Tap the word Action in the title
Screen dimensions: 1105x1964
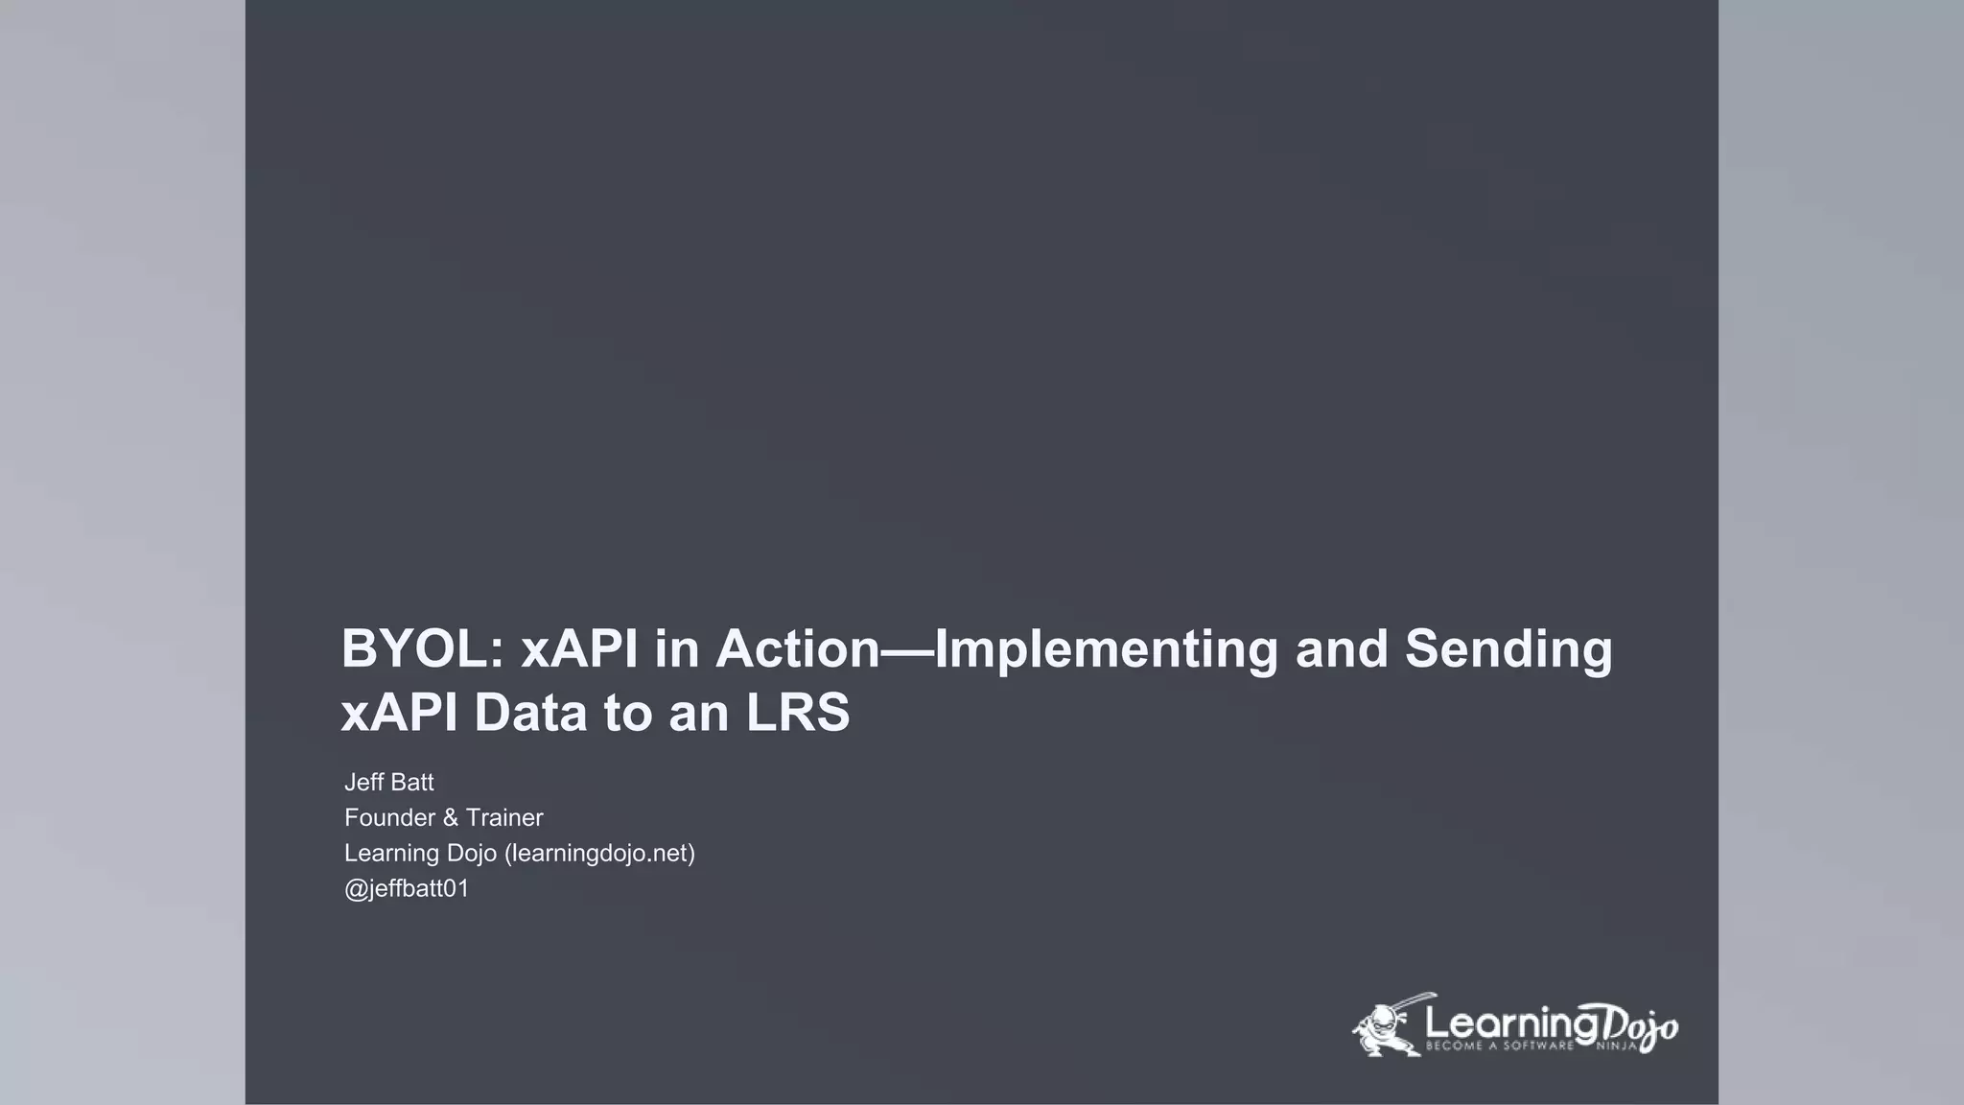point(797,649)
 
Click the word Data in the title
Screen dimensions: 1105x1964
point(529,714)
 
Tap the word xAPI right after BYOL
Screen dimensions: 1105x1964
point(579,649)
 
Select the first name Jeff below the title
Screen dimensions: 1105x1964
point(364,783)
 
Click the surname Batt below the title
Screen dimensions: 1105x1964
point(412,783)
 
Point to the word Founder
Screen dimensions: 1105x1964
point(389,818)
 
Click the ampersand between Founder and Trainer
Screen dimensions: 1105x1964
point(451,818)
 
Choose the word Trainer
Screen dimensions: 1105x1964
point(504,818)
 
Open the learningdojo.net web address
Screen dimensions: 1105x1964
point(598,854)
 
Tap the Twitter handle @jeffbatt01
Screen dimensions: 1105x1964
point(407,889)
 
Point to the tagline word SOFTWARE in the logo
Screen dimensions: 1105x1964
point(1538,1046)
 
